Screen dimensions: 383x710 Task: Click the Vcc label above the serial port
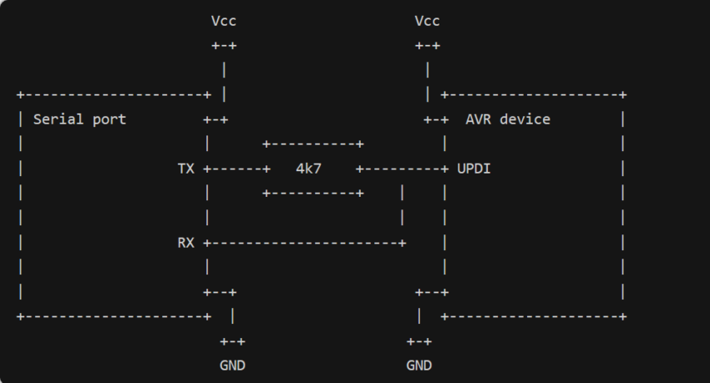(x=224, y=21)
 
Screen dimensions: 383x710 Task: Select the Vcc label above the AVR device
(x=427, y=21)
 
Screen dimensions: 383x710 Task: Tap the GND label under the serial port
(x=232, y=365)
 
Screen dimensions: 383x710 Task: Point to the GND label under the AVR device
(x=418, y=365)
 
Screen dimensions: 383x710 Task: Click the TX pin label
(x=185, y=169)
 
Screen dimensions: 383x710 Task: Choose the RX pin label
(x=185, y=243)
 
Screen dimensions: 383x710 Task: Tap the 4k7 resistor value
(x=308, y=169)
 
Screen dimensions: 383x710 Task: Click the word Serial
(x=58, y=119)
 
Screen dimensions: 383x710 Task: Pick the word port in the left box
(x=109, y=119)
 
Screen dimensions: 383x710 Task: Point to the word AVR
(x=479, y=119)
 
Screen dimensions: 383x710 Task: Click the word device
(x=525, y=119)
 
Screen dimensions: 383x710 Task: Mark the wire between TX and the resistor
(x=238, y=169)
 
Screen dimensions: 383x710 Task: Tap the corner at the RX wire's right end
(x=403, y=243)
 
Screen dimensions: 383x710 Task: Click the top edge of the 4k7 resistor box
(x=312, y=144)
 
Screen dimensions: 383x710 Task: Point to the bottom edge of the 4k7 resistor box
(x=312, y=194)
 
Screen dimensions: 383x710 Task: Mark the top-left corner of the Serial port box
(x=20, y=95)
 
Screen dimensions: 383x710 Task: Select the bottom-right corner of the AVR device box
(x=623, y=317)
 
